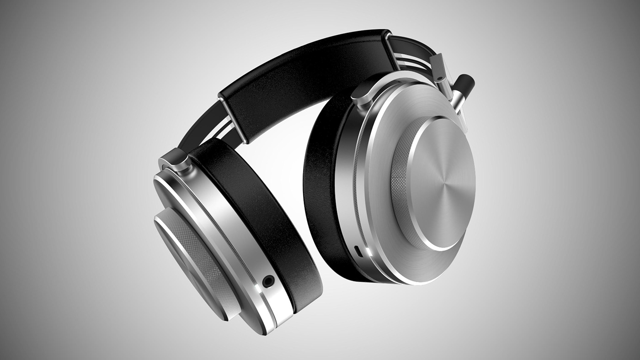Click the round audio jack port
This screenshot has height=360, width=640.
click(268, 281)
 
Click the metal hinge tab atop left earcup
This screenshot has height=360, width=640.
click(175, 159)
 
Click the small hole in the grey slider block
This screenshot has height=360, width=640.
click(440, 79)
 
